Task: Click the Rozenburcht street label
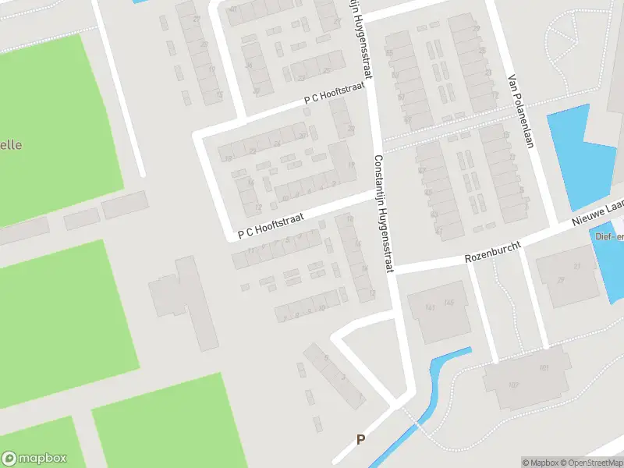(492, 250)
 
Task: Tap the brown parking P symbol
(360, 440)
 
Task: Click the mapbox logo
(34, 459)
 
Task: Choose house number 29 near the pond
(560, 280)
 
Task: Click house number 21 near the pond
(578, 267)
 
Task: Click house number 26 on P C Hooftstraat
(278, 144)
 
